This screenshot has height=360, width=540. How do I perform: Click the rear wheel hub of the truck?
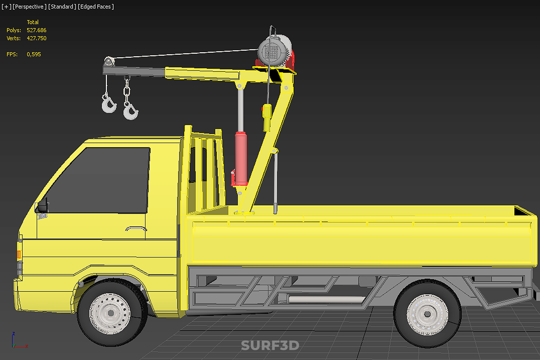pos(427,314)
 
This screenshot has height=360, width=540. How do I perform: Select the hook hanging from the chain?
pos(130,111)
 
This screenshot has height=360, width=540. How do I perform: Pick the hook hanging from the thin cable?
pos(109,104)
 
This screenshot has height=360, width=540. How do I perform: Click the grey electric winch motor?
pos(274,51)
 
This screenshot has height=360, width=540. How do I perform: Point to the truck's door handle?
pos(136,229)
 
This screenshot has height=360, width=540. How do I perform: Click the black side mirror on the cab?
pos(42,206)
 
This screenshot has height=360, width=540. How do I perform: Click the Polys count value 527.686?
pos(37,30)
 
